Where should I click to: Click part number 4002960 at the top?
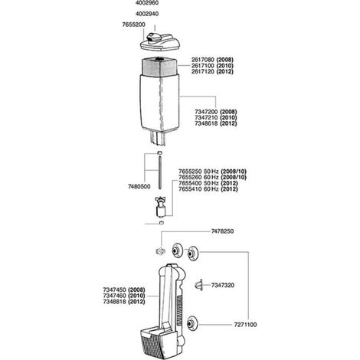[147, 3]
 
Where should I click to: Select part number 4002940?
[147, 14]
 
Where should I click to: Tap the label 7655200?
[133, 25]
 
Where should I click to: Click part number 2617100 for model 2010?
[203, 66]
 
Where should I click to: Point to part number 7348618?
[206, 123]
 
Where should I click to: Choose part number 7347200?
[206, 112]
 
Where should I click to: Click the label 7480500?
[139, 187]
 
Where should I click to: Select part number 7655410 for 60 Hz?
[190, 189]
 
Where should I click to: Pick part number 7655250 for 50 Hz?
[190, 172]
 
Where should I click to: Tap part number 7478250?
[222, 231]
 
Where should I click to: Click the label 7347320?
[223, 285]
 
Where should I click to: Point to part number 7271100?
[245, 325]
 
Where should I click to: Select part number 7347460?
[114, 296]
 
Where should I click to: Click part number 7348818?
[114, 302]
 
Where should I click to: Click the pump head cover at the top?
[160, 42]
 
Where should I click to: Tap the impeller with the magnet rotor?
[161, 208]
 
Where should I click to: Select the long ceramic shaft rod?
[160, 173]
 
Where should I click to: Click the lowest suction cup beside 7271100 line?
[191, 324]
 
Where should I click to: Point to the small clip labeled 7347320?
[198, 285]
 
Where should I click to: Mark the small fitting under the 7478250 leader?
[160, 251]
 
